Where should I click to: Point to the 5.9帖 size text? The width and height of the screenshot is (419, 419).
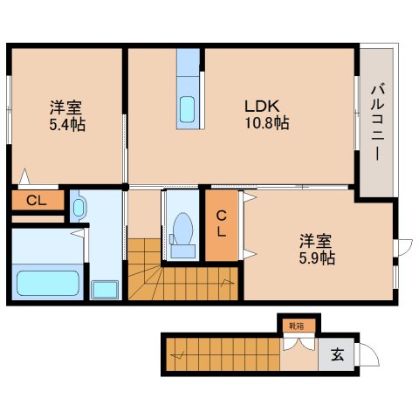[316, 258]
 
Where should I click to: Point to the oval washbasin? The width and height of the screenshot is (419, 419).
[79, 208]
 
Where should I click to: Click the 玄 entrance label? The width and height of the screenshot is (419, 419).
[336, 355]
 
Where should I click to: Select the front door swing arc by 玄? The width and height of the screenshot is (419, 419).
[371, 358]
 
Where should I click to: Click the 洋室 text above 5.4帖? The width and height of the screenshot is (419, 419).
[65, 108]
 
